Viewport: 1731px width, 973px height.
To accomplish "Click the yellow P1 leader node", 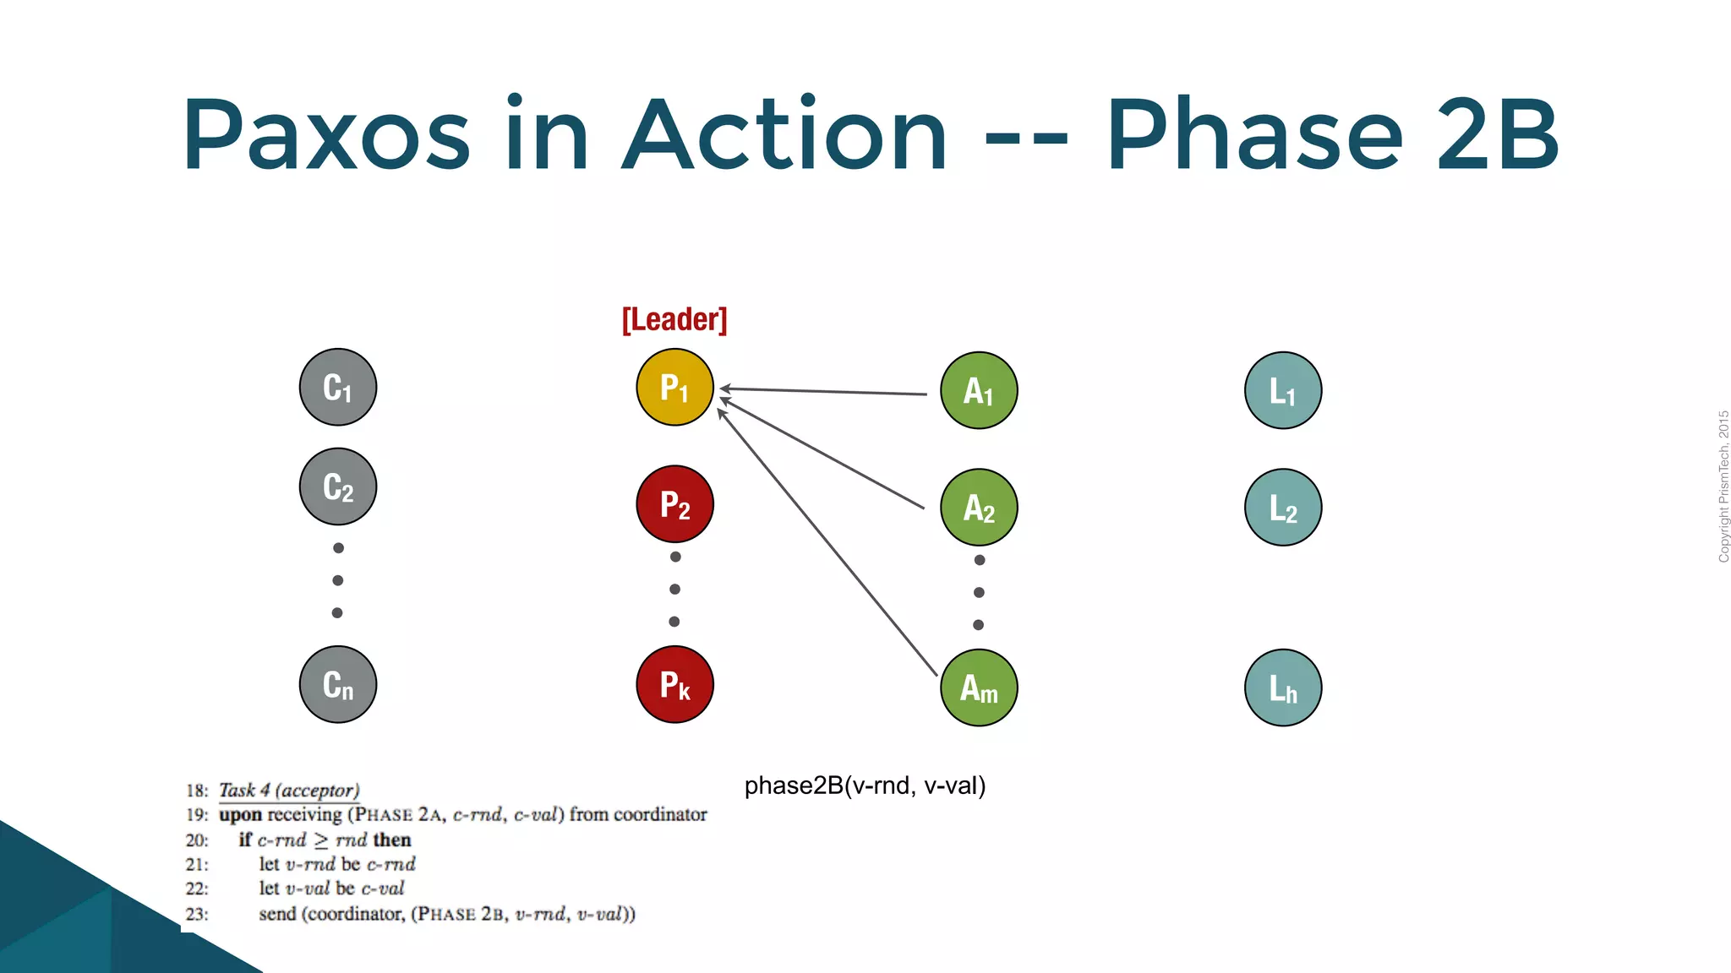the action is [674, 387].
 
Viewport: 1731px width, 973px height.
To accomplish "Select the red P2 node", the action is [674, 504].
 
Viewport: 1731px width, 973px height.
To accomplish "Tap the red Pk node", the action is [674, 684].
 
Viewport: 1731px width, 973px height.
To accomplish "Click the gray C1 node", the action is [338, 387].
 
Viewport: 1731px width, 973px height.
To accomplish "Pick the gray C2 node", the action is [338, 486].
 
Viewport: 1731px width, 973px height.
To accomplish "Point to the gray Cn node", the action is [338, 684].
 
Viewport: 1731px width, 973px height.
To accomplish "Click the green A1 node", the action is [979, 390].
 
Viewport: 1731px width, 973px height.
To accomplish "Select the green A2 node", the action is [979, 508].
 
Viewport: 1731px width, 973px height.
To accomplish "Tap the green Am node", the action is [979, 688].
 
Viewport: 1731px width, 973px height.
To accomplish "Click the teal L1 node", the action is [1283, 390].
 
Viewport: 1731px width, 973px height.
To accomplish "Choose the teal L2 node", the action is [1283, 508].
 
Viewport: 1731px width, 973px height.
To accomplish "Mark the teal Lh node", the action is [1283, 688].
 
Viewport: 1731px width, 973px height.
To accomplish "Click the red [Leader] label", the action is [674, 319].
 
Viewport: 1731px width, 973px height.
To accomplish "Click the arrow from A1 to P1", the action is [824, 391].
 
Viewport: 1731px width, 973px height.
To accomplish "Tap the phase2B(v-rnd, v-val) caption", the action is [865, 785].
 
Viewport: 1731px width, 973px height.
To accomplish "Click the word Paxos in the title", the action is [326, 135].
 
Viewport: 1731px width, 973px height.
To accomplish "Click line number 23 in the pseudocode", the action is [197, 914].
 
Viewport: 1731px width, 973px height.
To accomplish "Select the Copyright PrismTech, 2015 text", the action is [1723, 486].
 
